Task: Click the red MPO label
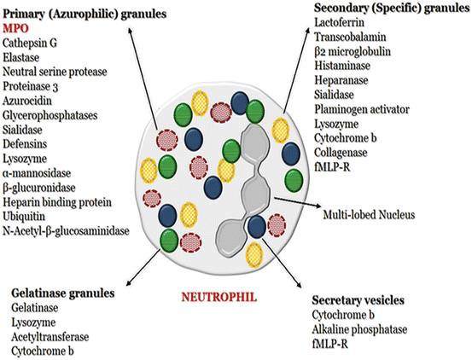pyautogui.click(x=15, y=28)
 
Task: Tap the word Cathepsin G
pyautogui.click(x=32, y=42)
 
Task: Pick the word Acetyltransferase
pyautogui.click(x=52, y=335)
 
